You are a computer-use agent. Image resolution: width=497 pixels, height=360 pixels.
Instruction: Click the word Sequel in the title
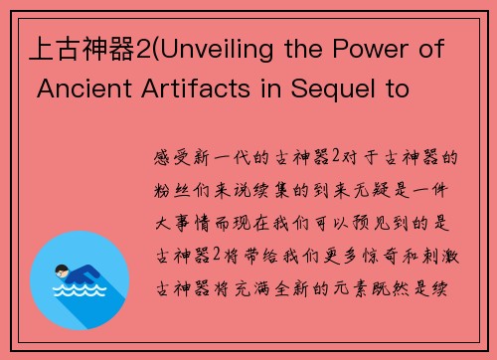click(333, 90)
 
